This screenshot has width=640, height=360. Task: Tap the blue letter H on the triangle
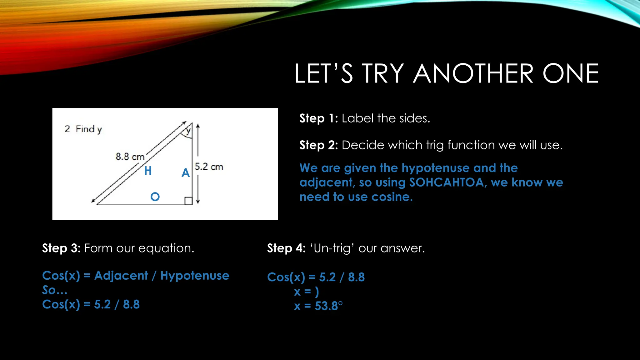pos(148,171)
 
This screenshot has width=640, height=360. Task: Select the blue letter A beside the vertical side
pos(186,173)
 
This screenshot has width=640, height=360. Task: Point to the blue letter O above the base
pos(155,197)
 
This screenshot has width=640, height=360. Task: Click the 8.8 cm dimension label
pos(130,157)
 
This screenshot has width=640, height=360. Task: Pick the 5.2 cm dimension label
pos(209,167)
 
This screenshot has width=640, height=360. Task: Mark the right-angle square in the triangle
pos(188,201)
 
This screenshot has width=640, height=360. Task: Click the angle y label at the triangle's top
pos(188,131)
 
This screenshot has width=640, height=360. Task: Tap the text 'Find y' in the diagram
pos(89,129)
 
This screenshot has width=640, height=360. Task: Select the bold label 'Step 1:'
pos(318,118)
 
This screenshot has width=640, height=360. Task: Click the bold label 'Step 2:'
pos(318,145)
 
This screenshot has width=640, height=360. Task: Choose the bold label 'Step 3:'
pos(61,248)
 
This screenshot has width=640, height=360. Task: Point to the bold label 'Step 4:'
pos(286,248)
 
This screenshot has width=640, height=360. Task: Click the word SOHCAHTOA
pos(447,182)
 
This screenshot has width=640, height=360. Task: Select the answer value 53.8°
pos(328,306)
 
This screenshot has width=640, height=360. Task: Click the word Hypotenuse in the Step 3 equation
pos(195,276)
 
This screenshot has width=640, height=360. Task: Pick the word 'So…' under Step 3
pos(55,290)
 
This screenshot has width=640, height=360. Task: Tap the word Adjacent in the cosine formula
pos(121,276)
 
